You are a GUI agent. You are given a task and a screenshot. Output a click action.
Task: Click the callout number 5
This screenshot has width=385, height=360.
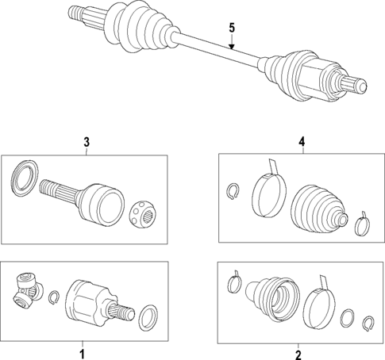pos(232,29)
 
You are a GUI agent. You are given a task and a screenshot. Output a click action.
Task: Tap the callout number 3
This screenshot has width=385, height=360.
pos(86,143)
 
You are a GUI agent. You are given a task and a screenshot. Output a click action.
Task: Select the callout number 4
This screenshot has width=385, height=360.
pos(302,143)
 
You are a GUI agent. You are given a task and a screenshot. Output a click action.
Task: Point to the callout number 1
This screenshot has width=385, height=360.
pos(80,349)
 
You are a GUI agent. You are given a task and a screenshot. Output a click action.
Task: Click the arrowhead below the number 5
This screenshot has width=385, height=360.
pos(232,48)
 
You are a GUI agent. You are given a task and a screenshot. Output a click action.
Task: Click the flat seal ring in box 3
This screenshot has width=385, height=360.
pos(25,177)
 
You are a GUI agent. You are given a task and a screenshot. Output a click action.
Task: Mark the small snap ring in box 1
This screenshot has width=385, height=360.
pos(53,298)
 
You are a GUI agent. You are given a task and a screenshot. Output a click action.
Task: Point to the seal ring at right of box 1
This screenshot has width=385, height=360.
pos(148,320)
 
